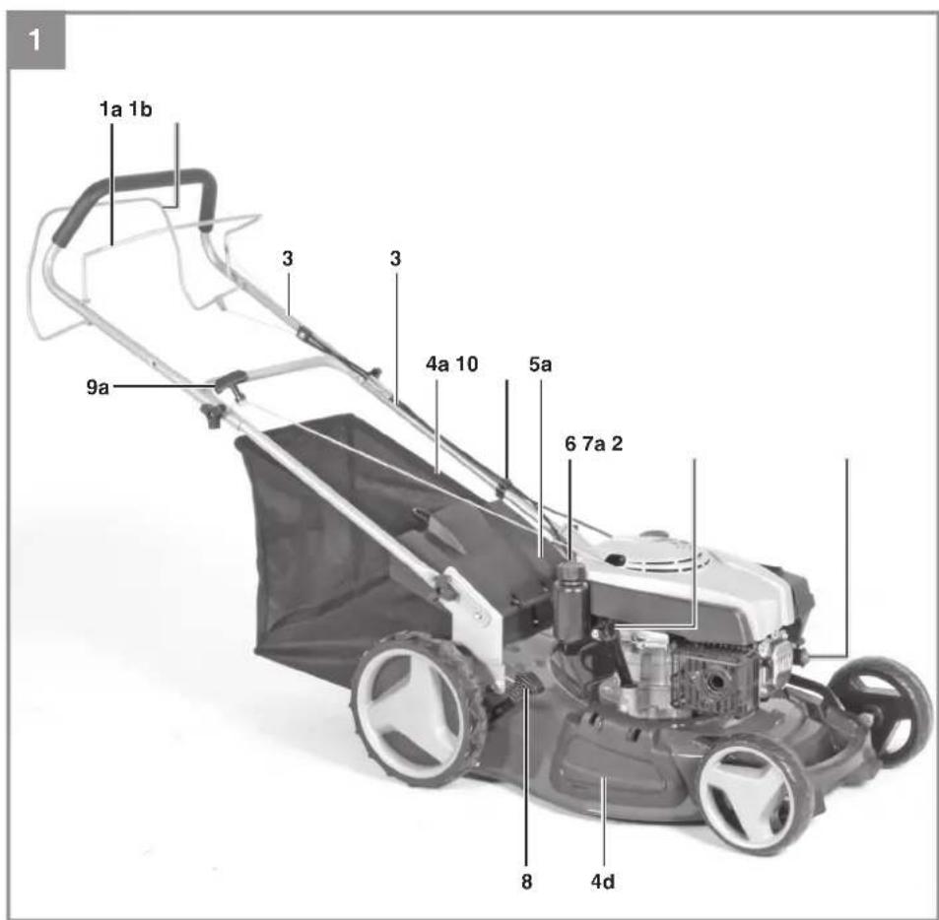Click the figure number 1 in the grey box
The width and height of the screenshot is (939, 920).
coord(34,41)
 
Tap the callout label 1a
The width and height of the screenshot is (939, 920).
coord(110,109)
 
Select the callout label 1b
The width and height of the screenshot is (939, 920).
coord(141,109)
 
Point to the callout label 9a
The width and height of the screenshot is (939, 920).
coord(99,387)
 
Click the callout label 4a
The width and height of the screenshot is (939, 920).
coord(437,363)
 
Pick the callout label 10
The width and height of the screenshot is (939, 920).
coord(467,363)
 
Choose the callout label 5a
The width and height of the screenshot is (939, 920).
coord(540,363)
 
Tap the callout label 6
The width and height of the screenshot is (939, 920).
coord(570,443)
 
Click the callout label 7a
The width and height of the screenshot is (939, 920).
coord(594,443)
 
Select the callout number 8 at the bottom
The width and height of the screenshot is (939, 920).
coord(526,882)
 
